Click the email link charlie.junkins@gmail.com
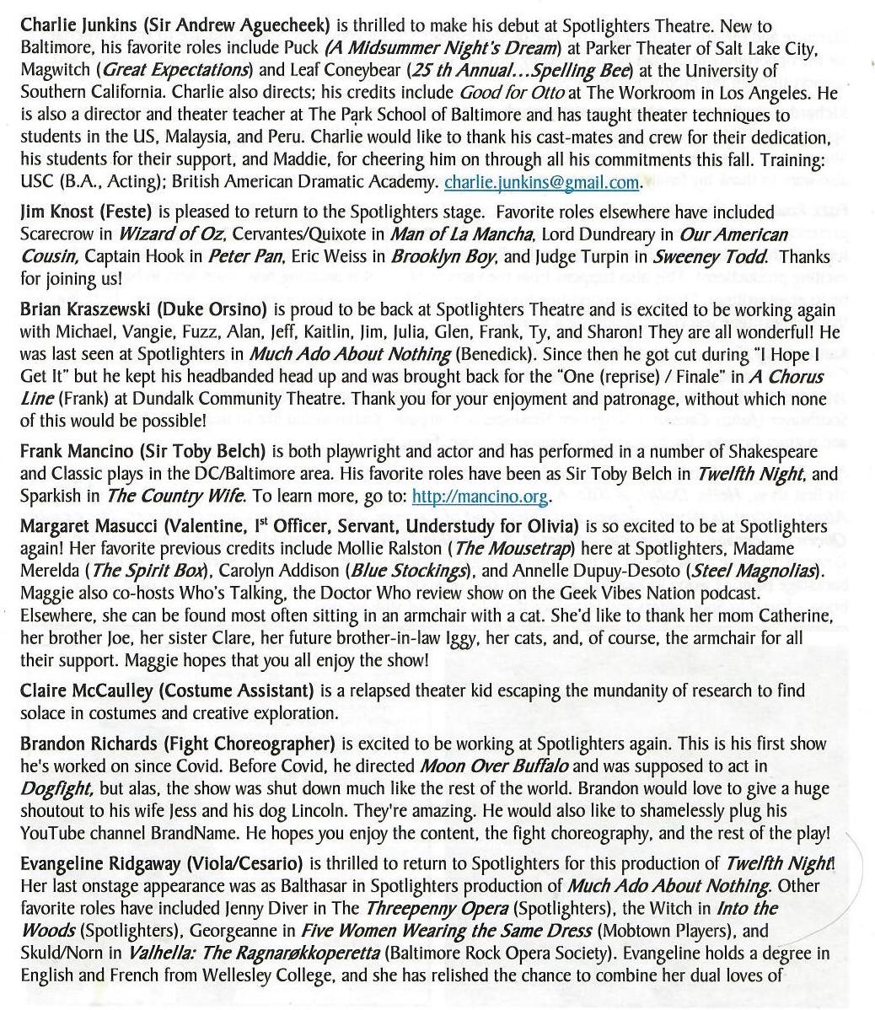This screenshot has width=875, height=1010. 541,181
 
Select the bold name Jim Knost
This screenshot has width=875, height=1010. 55,212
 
